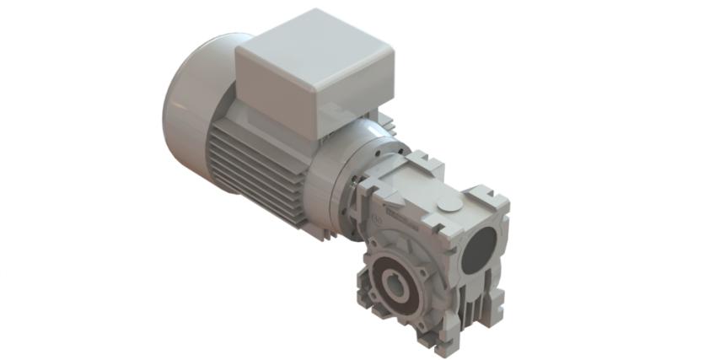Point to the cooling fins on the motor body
pos(253,169)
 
